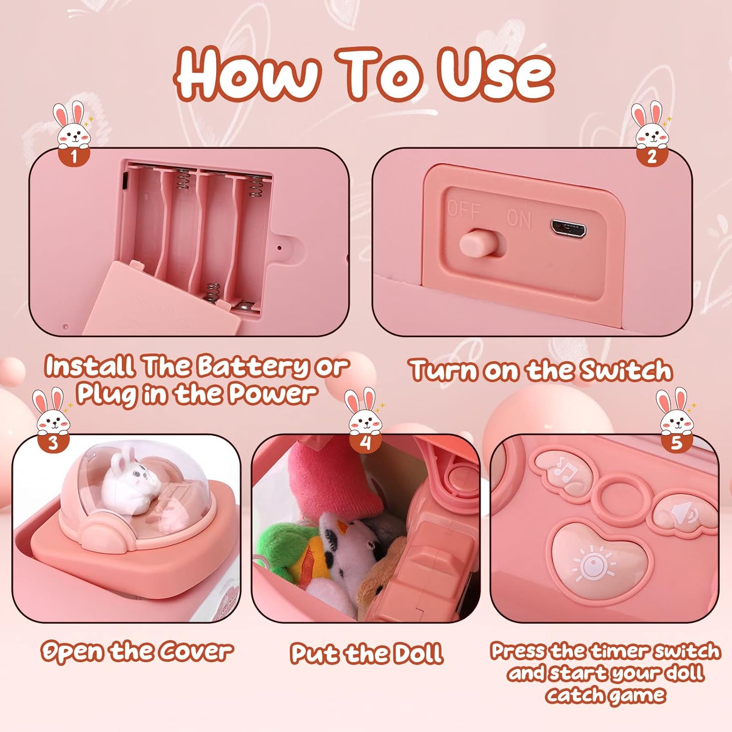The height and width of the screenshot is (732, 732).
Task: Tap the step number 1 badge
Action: click(74, 157)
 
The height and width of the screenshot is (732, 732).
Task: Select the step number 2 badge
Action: click(652, 157)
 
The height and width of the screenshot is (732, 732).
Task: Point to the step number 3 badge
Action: click(53, 443)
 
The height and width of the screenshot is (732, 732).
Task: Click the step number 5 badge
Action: click(676, 443)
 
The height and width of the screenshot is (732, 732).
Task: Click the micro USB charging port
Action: click(568, 228)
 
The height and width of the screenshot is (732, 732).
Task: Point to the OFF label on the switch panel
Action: click(464, 211)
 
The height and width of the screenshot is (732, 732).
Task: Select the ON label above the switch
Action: click(518, 218)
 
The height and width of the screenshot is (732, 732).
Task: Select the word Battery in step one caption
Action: click(253, 367)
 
